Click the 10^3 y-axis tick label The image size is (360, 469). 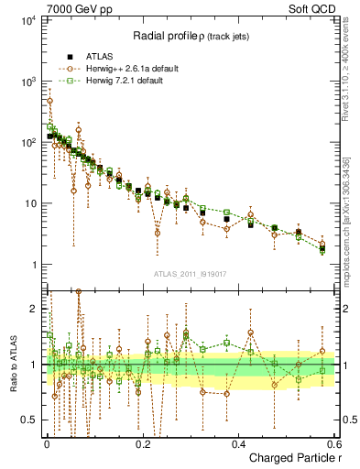coord(28,82)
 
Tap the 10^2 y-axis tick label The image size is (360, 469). coord(28,143)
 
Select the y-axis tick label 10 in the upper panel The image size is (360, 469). coord(31,204)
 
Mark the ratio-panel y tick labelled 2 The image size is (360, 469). coord(35,309)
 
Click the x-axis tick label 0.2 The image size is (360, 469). coord(142,442)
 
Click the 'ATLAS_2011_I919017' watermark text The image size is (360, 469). coord(191,275)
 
